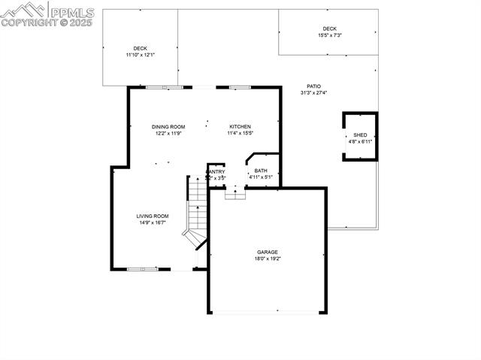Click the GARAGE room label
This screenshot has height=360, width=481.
pos(268,252)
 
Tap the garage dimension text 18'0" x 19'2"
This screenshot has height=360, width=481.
pos(268,259)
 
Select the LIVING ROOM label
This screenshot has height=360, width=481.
pos(153,216)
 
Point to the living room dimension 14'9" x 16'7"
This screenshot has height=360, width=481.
pos(153,222)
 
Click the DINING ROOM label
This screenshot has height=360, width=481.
pos(168,126)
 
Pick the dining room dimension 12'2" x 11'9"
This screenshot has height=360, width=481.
pos(168,133)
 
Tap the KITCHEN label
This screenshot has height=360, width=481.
pos(240,126)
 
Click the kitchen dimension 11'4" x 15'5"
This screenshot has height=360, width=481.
pos(240,133)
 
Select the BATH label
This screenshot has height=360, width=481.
pos(261,171)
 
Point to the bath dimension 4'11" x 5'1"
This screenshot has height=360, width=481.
pos(261,177)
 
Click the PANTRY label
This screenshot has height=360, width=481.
pos(216,171)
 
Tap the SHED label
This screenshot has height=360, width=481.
pos(360,135)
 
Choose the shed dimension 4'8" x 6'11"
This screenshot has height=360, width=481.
pos(360,141)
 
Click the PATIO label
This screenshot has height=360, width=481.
pos(313,86)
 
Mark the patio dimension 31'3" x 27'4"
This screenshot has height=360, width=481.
pos(313,93)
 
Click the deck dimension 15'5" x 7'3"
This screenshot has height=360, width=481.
pos(330,35)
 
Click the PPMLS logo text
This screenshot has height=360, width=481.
pos(72,11)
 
